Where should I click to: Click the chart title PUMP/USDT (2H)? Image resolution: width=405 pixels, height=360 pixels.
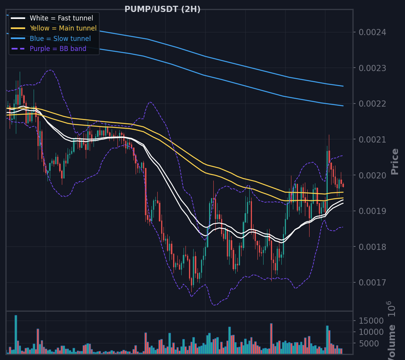coord(162,9)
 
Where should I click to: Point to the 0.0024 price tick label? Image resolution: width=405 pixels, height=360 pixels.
coord(373,32)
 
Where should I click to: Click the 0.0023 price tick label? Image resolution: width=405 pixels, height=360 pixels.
coord(373,68)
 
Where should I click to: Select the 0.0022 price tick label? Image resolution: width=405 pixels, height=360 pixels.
coord(373,104)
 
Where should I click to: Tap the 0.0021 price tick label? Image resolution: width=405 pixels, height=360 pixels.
coord(373,140)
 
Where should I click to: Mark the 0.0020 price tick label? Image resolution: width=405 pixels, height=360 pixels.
coord(373,175)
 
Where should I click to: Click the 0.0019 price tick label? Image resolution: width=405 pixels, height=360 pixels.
coord(373,211)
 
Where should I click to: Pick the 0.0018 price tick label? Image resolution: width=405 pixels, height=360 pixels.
coord(373,247)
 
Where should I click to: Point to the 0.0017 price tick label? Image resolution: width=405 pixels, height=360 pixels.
coord(373,283)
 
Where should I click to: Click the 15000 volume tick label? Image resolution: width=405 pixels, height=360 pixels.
coord(371,321)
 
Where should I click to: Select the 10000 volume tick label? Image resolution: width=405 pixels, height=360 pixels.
coord(371,332)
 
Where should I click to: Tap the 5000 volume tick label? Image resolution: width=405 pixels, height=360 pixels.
coord(369,343)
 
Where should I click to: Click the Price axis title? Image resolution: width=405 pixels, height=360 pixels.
coord(395,162)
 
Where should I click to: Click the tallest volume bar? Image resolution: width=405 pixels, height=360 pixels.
coord(16,335)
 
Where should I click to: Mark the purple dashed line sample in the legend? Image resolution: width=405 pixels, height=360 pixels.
coord(18,49)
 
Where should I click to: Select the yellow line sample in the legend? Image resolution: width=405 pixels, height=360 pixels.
coord(18,28)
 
